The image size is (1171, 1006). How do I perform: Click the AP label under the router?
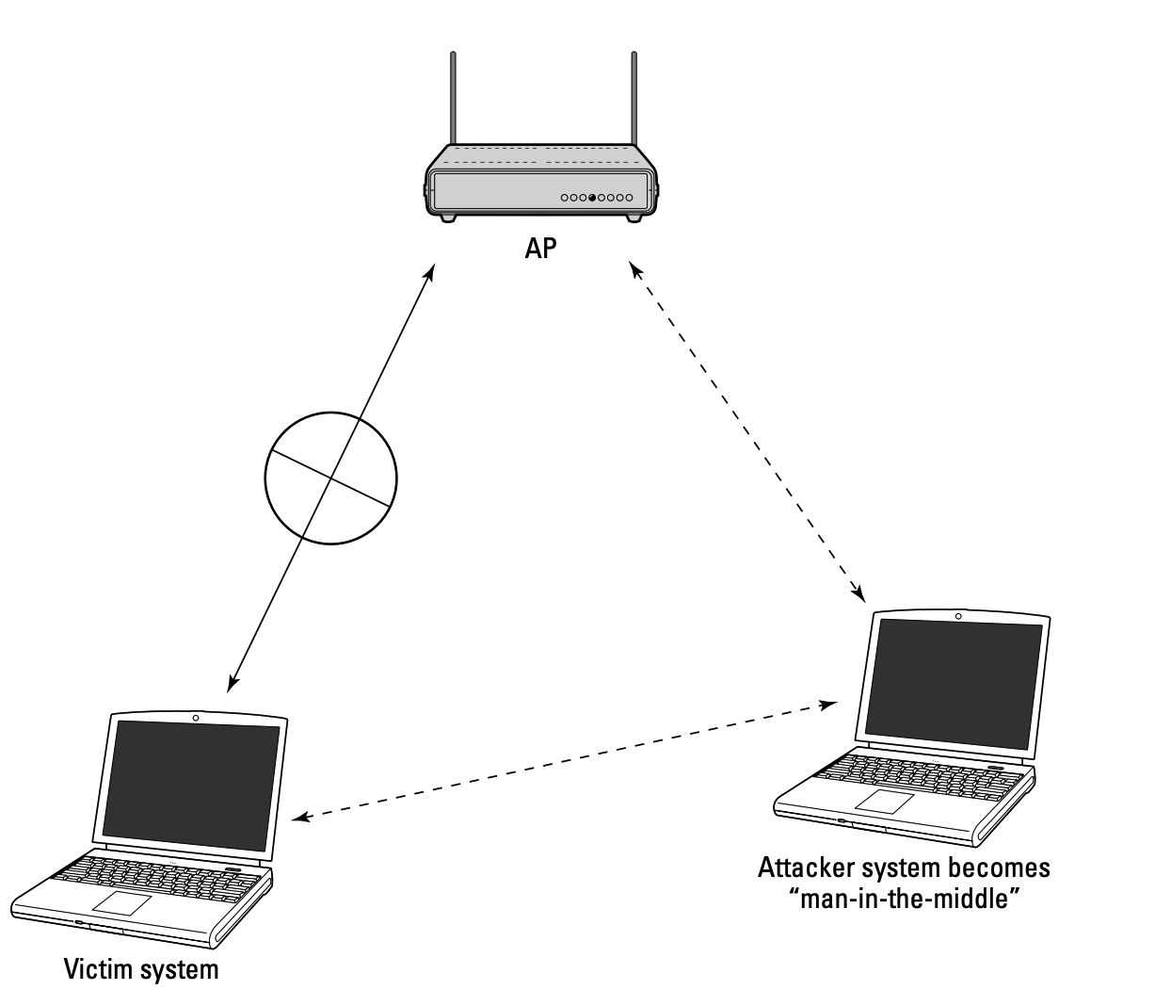tap(540, 249)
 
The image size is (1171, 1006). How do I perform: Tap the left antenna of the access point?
tap(453, 98)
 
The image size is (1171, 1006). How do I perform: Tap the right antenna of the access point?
tap(634, 98)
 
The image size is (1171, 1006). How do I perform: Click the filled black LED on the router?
tap(592, 198)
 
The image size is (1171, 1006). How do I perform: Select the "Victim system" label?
tap(141, 969)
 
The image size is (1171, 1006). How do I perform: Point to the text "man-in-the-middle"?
tap(905, 899)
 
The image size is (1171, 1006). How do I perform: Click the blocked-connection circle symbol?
tap(330, 479)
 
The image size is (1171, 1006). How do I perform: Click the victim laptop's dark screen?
tap(191, 787)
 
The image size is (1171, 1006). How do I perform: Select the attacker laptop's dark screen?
tap(954, 684)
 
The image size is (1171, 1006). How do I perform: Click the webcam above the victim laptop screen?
tap(196, 718)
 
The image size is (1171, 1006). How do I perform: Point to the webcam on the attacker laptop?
tap(958, 616)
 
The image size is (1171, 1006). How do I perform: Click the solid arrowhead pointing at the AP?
tap(430, 272)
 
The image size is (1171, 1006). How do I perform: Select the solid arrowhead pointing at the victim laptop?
tap(233, 684)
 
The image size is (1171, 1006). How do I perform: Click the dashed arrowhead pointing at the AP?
tap(635, 269)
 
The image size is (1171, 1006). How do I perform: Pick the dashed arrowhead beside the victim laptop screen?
tap(300, 818)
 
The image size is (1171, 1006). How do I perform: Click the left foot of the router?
tap(448, 217)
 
